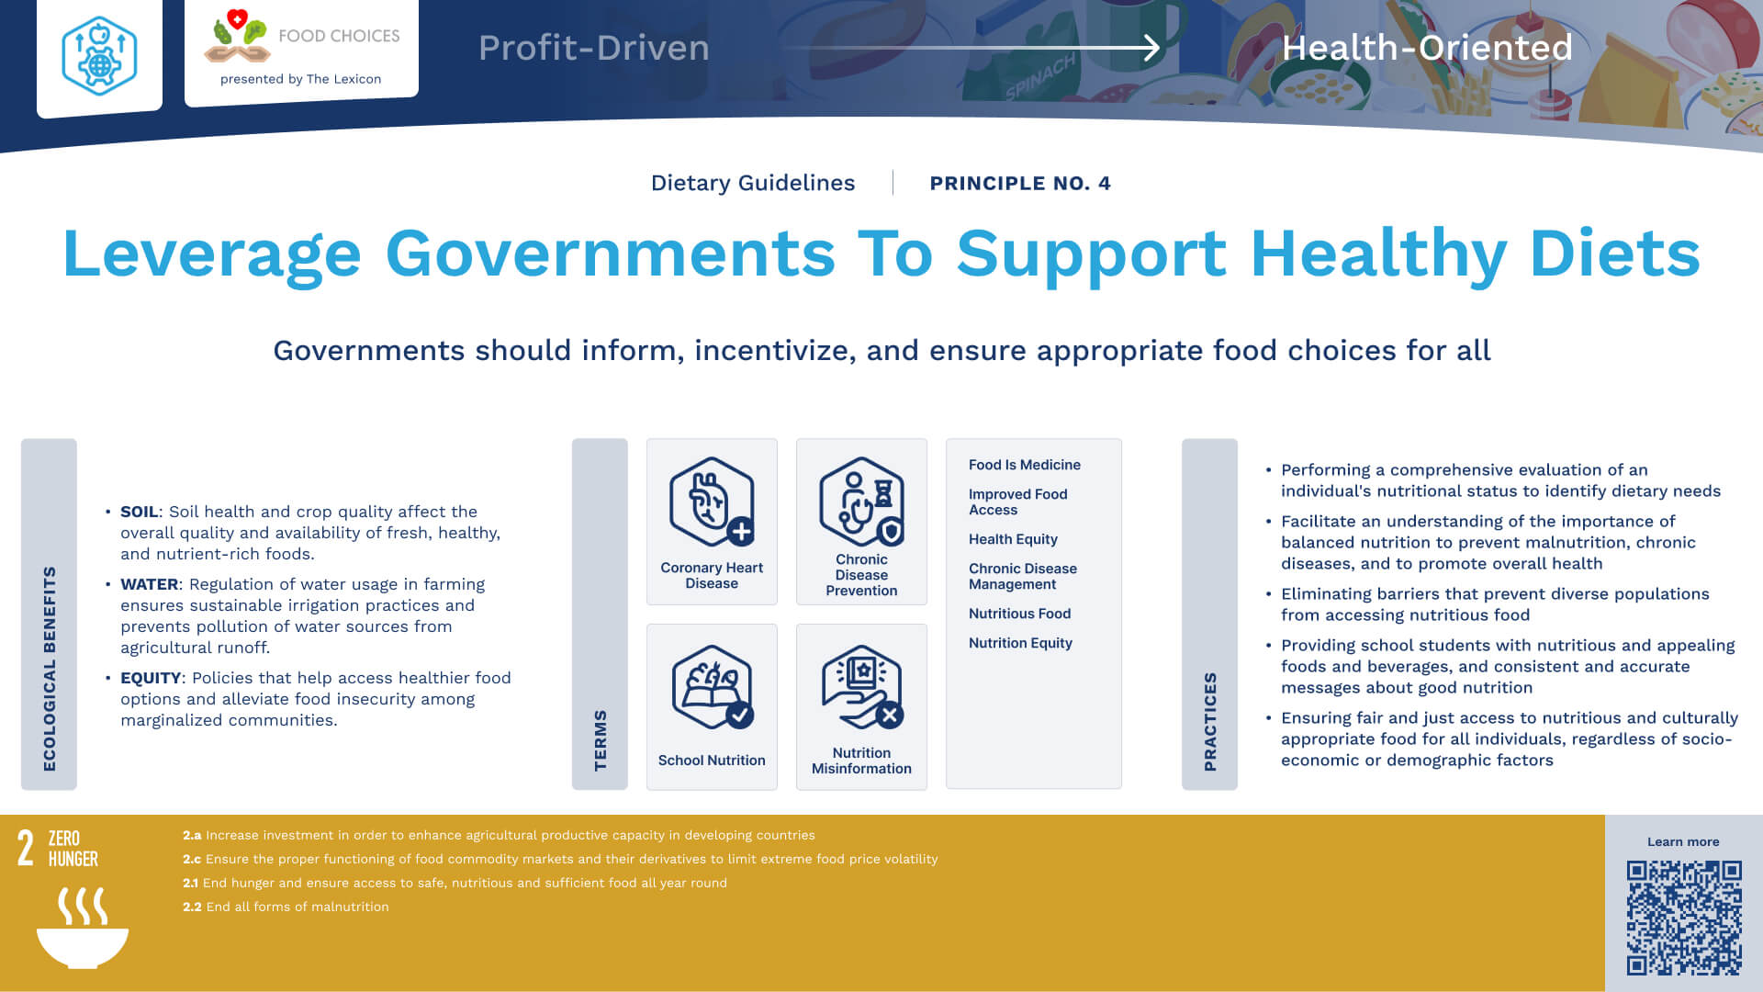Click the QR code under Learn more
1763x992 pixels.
click(x=1684, y=918)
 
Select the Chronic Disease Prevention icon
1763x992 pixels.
click(x=861, y=502)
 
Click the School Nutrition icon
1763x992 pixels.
click(x=713, y=687)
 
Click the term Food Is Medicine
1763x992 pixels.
click(x=1025, y=465)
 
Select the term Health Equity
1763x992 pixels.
click(x=1013, y=539)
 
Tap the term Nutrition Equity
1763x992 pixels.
click(x=1020, y=643)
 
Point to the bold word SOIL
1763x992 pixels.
click(x=140, y=512)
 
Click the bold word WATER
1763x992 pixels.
click(x=150, y=584)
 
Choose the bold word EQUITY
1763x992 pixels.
click(x=152, y=678)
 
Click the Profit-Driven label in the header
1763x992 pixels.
click(x=594, y=48)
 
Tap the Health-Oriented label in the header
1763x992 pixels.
click(x=1427, y=48)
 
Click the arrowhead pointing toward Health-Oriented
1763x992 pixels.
click(x=1151, y=48)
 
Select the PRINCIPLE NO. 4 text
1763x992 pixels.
click(x=1020, y=183)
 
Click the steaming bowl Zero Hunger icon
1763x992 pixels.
click(x=83, y=928)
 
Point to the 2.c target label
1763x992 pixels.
click(x=191, y=859)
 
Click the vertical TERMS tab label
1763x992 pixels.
click(x=601, y=740)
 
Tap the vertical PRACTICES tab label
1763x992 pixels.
click(x=1210, y=722)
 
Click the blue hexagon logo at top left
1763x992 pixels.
click(x=99, y=55)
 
